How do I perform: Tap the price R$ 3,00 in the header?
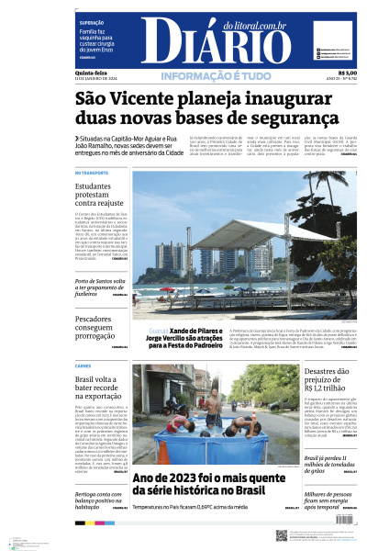[x=347, y=73]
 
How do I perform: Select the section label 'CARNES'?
[x=83, y=365]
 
